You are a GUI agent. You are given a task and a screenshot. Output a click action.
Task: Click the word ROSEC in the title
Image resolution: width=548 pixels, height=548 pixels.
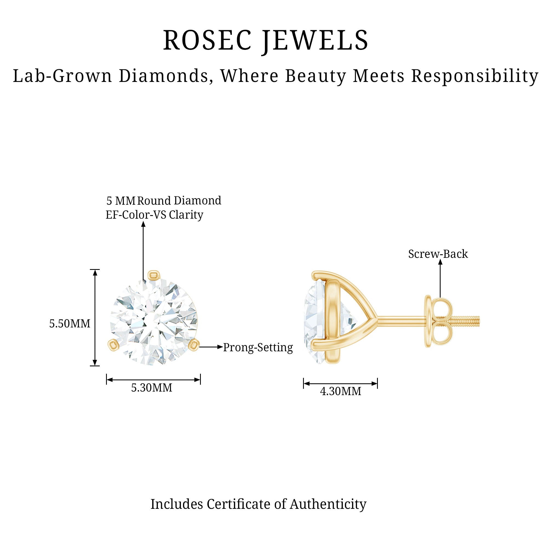click(207, 41)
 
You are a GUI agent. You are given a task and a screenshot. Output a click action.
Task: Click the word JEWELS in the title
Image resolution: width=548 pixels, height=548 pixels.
click(315, 41)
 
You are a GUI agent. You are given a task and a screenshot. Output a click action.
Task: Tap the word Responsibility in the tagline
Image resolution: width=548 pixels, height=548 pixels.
click(475, 76)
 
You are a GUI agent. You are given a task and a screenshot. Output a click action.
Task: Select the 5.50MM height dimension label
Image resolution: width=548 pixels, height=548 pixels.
click(70, 324)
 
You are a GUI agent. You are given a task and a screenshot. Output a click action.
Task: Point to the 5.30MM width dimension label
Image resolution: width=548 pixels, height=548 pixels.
click(152, 388)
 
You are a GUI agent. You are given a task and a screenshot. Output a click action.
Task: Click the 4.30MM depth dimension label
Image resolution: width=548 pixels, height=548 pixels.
click(340, 392)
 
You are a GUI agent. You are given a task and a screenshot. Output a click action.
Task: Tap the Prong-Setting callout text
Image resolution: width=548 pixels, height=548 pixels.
click(258, 347)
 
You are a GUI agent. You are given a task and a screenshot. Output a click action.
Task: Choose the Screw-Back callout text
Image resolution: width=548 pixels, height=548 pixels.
click(438, 254)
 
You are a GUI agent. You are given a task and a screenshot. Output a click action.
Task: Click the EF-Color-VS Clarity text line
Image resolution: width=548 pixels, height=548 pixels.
click(154, 215)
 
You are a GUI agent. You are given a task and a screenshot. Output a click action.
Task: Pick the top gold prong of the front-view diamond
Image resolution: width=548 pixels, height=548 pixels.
click(154, 275)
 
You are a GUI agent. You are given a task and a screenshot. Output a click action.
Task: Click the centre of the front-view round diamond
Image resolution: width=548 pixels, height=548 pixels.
click(153, 322)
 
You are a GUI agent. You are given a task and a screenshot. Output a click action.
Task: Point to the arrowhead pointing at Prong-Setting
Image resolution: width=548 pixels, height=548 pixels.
click(220, 347)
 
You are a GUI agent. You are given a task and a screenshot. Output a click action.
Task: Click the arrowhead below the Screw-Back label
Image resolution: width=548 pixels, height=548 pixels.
click(440, 262)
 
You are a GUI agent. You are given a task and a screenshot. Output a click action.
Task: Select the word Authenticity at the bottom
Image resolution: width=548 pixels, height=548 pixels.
click(328, 504)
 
